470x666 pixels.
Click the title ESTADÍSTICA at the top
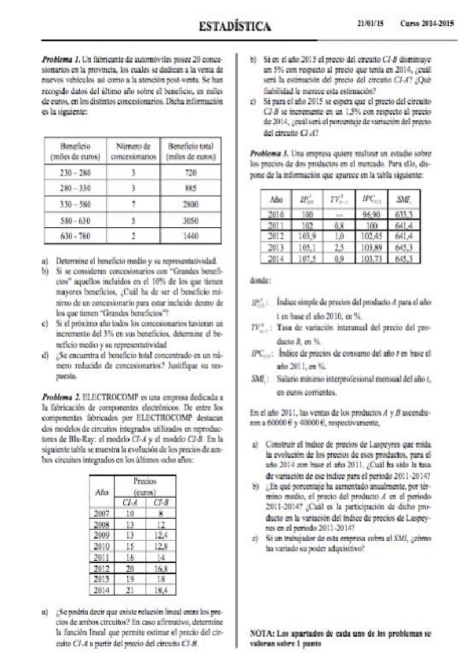pyautogui.click(x=235, y=27)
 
